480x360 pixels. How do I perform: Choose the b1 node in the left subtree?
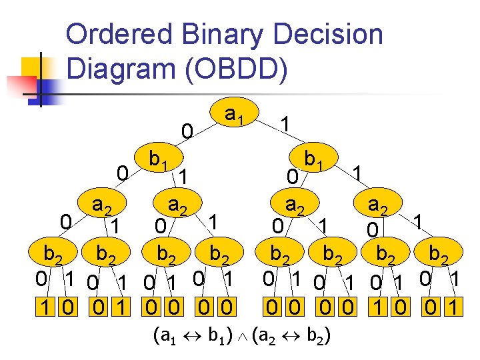pyautogui.click(x=158, y=160)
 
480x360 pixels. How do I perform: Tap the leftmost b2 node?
pyautogui.click(x=53, y=254)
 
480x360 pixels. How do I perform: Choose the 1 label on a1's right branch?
pyautogui.click(x=285, y=124)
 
